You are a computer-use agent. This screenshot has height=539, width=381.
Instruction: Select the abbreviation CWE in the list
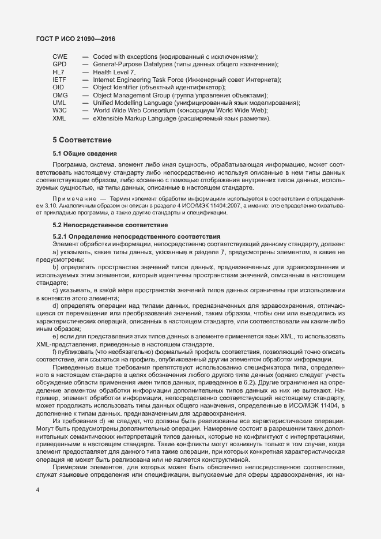click(60, 56)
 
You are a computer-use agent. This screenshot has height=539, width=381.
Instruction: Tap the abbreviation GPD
click(60, 64)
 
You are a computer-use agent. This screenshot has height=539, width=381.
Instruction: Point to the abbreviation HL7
click(58, 72)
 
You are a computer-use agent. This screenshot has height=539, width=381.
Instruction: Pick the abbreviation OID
click(59, 87)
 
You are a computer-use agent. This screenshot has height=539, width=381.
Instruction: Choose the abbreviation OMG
click(60, 95)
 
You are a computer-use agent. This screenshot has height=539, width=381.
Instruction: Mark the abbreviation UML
click(59, 103)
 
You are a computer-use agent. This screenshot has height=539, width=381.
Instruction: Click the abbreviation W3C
click(60, 110)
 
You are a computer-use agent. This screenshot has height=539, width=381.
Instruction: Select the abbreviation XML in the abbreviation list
click(59, 118)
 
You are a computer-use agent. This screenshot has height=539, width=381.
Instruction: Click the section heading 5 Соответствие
click(82, 140)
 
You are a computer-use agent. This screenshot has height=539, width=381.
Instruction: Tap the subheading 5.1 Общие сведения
click(85, 154)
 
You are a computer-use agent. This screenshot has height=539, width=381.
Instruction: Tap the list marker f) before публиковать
click(55, 351)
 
